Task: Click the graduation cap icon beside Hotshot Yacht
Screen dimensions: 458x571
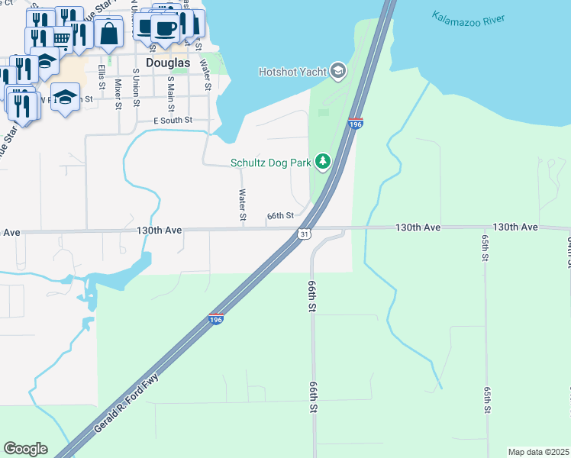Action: click(x=338, y=72)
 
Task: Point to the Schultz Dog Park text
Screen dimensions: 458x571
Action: click(x=271, y=162)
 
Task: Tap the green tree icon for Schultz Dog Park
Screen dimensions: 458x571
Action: click(x=323, y=161)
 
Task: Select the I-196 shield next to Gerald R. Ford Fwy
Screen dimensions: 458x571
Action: click(x=216, y=320)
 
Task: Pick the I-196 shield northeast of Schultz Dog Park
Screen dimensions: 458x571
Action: click(x=355, y=124)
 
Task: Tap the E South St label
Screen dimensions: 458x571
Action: click(x=173, y=121)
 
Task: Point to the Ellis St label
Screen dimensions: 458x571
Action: click(x=102, y=77)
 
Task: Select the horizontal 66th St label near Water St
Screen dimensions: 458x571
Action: click(x=280, y=216)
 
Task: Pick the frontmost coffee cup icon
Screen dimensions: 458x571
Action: click(x=165, y=28)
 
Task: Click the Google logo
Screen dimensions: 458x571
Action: click(x=25, y=449)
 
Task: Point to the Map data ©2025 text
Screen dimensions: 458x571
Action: click(x=537, y=452)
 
